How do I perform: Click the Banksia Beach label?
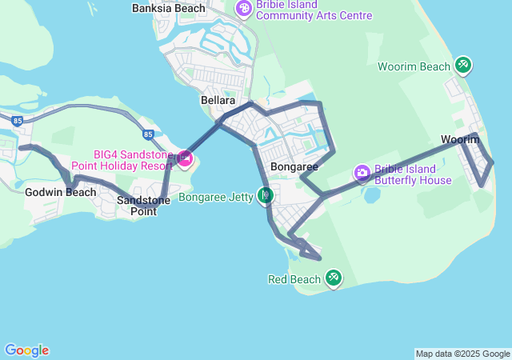coord(168,8)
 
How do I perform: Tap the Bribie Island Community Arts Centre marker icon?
coord(242,9)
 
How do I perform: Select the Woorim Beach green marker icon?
coord(462,65)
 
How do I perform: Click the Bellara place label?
coord(218,101)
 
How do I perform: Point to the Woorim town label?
coord(460,139)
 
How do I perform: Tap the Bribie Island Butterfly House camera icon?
coord(362,172)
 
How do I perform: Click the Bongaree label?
coord(294,166)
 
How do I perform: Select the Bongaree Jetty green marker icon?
coord(266,194)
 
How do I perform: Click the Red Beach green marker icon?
coord(334,278)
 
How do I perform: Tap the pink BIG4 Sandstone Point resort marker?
coord(185,158)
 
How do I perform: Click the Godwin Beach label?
coord(50,192)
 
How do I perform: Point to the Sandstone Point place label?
coord(143,206)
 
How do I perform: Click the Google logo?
coord(26,350)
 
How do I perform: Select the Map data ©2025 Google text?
coord(462,354)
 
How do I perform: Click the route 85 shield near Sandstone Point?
coord(148,134)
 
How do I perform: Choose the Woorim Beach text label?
coord(414,66)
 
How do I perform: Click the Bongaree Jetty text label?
coord(216,196)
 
